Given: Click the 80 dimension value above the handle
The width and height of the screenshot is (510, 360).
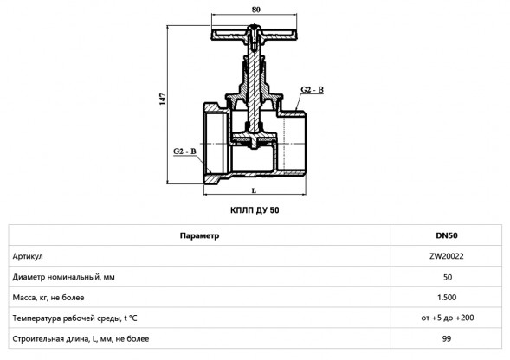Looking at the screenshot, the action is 256,10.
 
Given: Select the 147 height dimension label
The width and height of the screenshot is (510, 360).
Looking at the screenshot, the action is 163,100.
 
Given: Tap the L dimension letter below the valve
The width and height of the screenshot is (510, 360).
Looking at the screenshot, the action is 254,190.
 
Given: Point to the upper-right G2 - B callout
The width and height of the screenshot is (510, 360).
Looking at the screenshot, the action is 312,89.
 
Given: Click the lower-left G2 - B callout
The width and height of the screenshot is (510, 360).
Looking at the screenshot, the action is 184,151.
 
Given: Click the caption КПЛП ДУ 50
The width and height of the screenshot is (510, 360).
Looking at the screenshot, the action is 255,210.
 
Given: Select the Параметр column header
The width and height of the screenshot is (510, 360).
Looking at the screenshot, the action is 199,235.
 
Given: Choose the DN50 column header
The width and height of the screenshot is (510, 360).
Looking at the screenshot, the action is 447,235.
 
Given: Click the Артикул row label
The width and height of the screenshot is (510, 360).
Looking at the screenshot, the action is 28,256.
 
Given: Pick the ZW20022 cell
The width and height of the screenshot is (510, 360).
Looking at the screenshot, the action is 447,256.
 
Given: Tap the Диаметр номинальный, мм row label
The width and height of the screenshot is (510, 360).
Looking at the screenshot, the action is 64,277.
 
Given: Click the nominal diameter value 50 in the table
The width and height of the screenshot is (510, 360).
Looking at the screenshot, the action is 448,277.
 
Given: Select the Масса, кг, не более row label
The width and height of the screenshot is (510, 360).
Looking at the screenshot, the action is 48,298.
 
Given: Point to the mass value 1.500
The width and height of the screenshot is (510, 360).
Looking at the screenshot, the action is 447,298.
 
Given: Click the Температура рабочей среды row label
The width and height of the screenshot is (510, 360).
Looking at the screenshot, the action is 74,318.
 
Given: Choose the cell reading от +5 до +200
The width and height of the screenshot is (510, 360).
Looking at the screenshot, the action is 448,318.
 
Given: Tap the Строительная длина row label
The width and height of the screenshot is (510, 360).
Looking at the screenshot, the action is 81,339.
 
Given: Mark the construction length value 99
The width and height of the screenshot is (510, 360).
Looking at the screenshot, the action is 447,339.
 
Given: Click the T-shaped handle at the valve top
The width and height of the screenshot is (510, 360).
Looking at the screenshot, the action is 254,34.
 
